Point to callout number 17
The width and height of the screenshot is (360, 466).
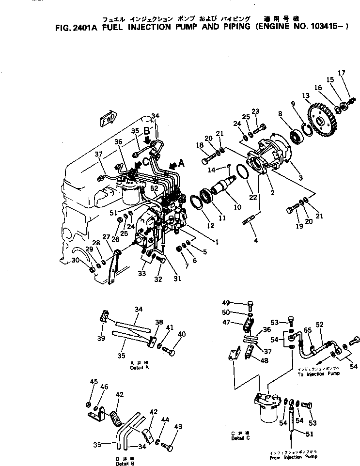342,74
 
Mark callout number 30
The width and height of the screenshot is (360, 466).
75,260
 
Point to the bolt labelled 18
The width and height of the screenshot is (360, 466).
207,158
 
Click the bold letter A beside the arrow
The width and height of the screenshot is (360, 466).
181,164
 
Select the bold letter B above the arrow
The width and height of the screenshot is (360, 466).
147,131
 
